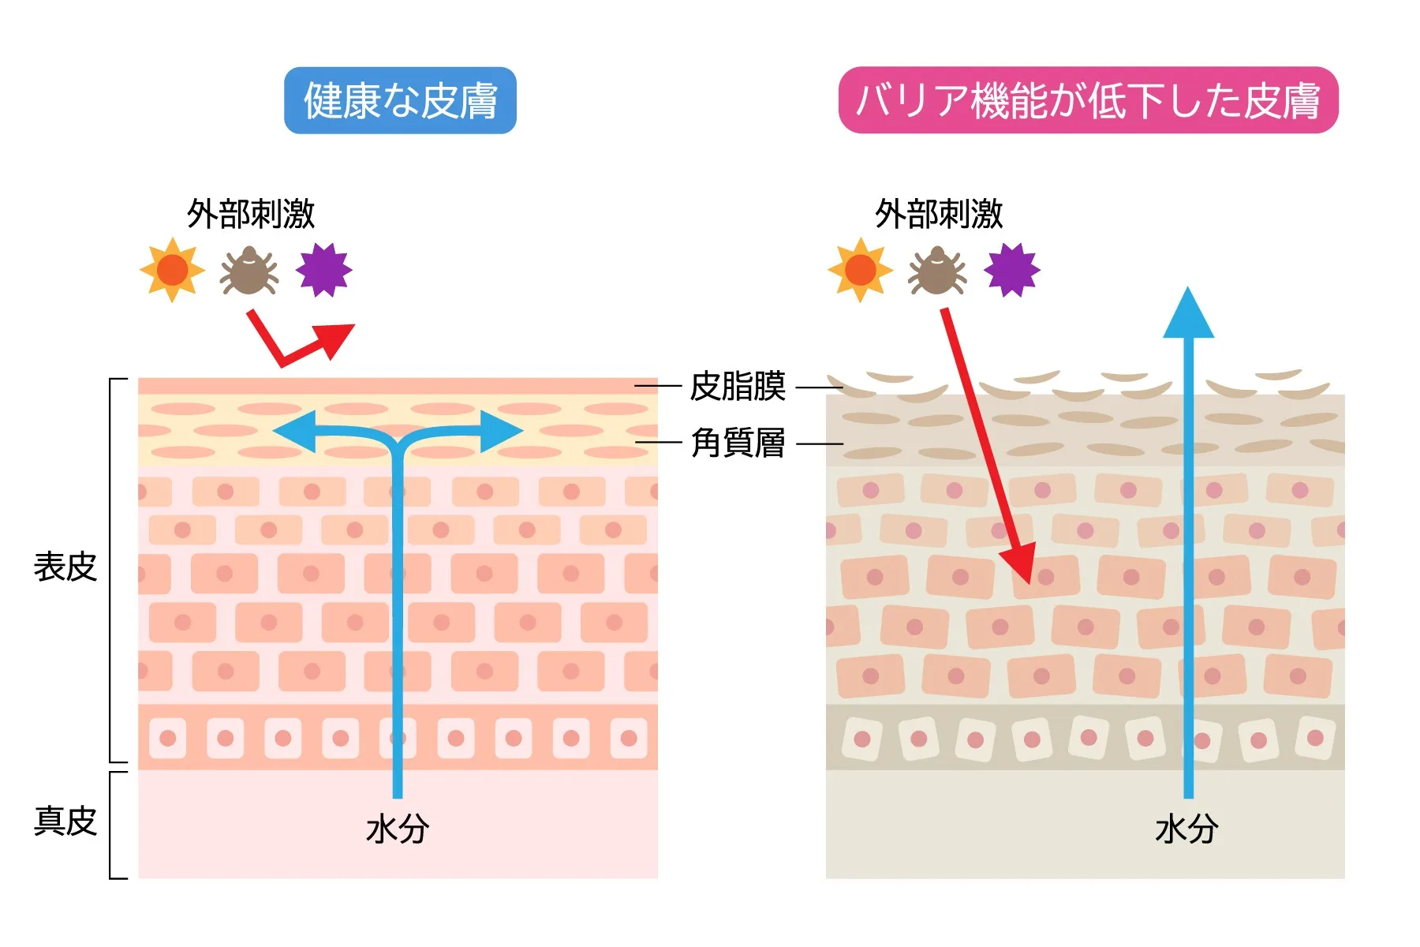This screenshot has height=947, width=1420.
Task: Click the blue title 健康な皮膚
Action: [400, 100]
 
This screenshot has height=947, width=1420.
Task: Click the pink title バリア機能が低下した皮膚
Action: [1088, 100]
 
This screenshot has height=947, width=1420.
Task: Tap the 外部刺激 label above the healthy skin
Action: [251, 214]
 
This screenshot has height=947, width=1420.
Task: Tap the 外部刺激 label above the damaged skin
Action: [939, 214]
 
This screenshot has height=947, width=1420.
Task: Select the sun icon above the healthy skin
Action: [172, 270]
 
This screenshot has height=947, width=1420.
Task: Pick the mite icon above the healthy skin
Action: [249, 270]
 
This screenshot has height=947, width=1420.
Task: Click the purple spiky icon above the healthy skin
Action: [323, 270]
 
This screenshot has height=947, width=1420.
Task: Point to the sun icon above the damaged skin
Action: [860, 270]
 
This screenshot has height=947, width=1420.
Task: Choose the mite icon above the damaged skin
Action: [937, 270]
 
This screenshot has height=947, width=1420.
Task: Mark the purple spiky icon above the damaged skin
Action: [1012, 270]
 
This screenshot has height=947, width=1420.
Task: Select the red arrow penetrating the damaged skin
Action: [986, 442]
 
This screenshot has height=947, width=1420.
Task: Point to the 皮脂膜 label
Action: [738, 387]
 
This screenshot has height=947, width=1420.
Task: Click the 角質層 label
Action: [738, 443]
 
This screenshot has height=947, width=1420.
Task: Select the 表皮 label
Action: [65, 567]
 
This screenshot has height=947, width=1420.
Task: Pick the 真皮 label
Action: [65, 821]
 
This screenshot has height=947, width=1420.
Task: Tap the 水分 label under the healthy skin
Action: [397, 829]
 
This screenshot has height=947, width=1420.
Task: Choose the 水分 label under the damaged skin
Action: [1186, 829]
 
